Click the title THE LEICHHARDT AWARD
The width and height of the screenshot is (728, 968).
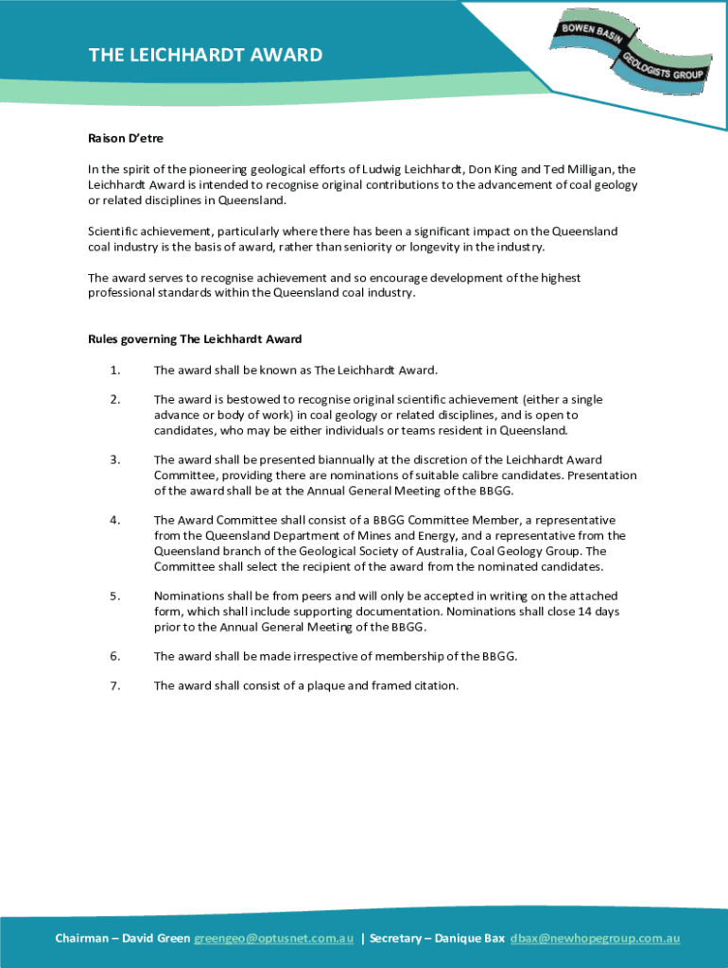[x=205, y=55]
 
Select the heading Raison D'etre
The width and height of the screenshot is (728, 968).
[x=126, y=138]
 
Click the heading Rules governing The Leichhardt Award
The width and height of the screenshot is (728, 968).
[x=195, y=338]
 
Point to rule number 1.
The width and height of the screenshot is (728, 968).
[x=114, y=370]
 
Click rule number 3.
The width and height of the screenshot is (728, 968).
[x=114, y=460]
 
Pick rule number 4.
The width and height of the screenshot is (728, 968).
[x=114, y=520]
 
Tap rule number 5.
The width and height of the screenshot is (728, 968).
[x=114, y=596]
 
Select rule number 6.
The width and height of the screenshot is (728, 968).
[x=114, y=656]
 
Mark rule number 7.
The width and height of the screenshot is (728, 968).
[x=114, y=686]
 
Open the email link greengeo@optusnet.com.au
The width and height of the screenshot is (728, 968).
[x=273, y=938]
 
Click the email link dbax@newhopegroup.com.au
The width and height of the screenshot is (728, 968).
[x=595, y=938]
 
